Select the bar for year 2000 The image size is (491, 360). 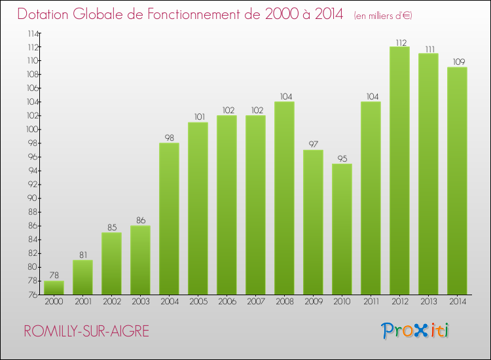click(x=54, y=287)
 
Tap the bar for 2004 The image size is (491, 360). click(x=169, y=219)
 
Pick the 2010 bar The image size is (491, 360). click(x=342, y=229)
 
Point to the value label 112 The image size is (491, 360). click(x=399, y=43)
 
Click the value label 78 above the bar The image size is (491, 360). click(x=54, y=276)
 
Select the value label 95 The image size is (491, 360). click(x=342, y=159)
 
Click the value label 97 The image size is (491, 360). click(x=313, y=145)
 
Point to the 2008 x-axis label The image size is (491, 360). click(x=284, y=302)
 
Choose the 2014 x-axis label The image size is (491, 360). click(x=457, y=302)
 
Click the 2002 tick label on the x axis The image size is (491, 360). click(x=111, y=302)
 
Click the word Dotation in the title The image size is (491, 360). click(x=44, y=14)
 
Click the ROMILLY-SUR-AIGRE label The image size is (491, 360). click(x=86, y=331)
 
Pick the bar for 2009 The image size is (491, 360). click(x=313, y=223)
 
